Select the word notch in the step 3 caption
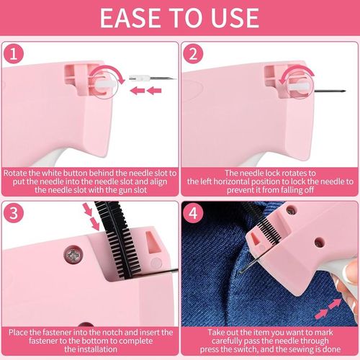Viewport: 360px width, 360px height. click(113, 333)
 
